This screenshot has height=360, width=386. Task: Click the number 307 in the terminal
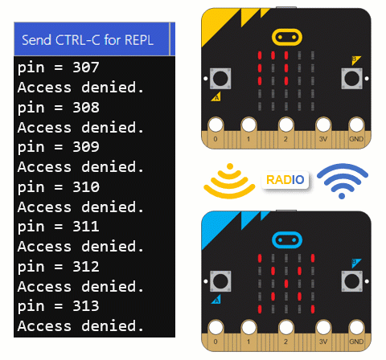click(x=86, y=67)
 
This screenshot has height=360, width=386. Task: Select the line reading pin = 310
click(x=59, y=187)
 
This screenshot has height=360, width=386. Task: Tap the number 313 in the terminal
click(x=86, y=306)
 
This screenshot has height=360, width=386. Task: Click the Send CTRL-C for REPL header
click(x=88, y=40)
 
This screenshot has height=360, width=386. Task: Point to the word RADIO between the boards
click(x=285, y=180)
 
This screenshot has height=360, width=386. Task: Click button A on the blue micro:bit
click(x=220, y=281)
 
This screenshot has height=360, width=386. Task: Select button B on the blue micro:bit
click(x=351, y=281)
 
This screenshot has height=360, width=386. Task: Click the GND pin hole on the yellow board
click(x=356, y=125)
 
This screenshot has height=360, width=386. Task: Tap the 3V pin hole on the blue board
click(x=323, y=328)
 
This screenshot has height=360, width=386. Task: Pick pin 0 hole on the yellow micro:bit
click(x=216, y=125)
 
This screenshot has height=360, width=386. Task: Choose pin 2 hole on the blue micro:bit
click(x=286, y=328)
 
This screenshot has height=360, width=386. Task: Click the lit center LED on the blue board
click(x=286, y=284)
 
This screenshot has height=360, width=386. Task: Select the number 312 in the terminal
click(x=86, y=267)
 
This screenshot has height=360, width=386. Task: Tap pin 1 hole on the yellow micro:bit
click(x=248, y=125)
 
